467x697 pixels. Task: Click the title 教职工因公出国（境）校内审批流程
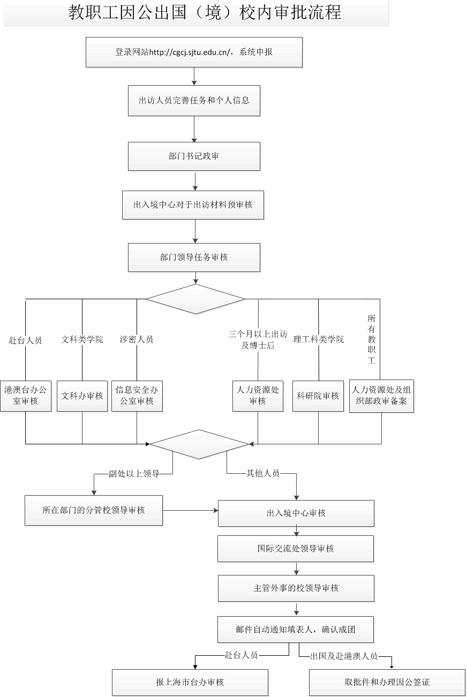pyautogui.click(x=205, y=12)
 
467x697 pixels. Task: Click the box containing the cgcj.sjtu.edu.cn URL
pyautogui.click(x=194, y=52)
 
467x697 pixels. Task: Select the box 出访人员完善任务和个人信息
pyautogui.click(x=194, y=100)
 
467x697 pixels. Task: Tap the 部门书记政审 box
pyautogui.click(x=194, y=156)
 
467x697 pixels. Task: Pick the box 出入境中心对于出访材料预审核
pyautogui.click(x=193, y=204)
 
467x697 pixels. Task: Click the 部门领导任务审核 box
pyautogui.click(x=194, y=257)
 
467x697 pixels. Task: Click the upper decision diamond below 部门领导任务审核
pyautogui.click(x=195, y=299)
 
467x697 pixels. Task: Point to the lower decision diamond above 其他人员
pyautogui.click(x=199, y=444)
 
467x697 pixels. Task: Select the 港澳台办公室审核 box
pyautogui.click(x=26, y=396)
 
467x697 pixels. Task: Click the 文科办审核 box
pyautogui.click(x=82, y=396)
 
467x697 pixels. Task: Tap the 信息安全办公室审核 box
pyautogui.click(x=137, y=396)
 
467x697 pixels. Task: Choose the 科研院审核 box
pyautogui.click(x=318, y=396)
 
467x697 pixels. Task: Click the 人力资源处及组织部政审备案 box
pyautogui.click(x=382, y=396)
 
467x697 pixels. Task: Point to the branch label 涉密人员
pyautogui.click(x=137, y=339)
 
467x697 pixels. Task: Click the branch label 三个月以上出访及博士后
pyautogui.click(x=258, y=340)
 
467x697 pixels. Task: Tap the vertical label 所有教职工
pyautogui.click(x=372, y=339)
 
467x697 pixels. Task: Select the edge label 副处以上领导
pyautogui.click(x=134, y=474)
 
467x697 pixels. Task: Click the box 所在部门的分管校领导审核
pyautogui.click(x=94, y=510)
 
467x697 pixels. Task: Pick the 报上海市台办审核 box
pyautogui.click(x=190, y=683)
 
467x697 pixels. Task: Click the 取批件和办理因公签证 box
pyautogui.click(x=387, y=683)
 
